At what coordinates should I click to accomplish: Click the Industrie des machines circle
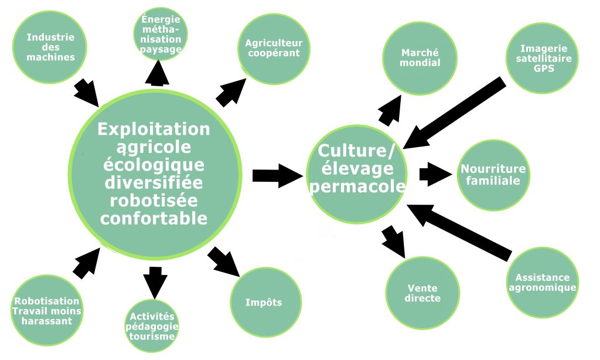point(50,47)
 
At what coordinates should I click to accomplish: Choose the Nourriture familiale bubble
point(493,174)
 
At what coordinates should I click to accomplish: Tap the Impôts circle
point(264,303)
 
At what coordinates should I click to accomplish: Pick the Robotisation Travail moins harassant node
point(47,311)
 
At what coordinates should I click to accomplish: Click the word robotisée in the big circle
point(154,201)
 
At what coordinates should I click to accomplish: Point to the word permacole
point(357,186)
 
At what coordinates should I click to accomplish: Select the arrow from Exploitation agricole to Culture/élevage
point(275,175)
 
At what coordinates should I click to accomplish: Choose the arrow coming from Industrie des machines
point(87,91)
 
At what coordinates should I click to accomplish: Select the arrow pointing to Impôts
point(224,261)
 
